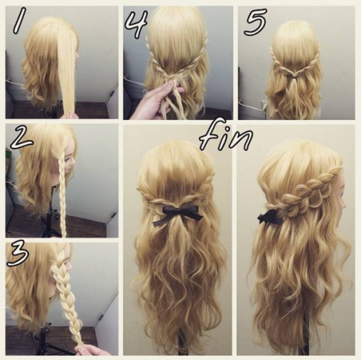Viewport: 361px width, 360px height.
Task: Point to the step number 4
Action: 136,24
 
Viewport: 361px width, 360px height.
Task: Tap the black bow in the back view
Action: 178,214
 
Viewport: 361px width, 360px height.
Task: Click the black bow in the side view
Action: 269,218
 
